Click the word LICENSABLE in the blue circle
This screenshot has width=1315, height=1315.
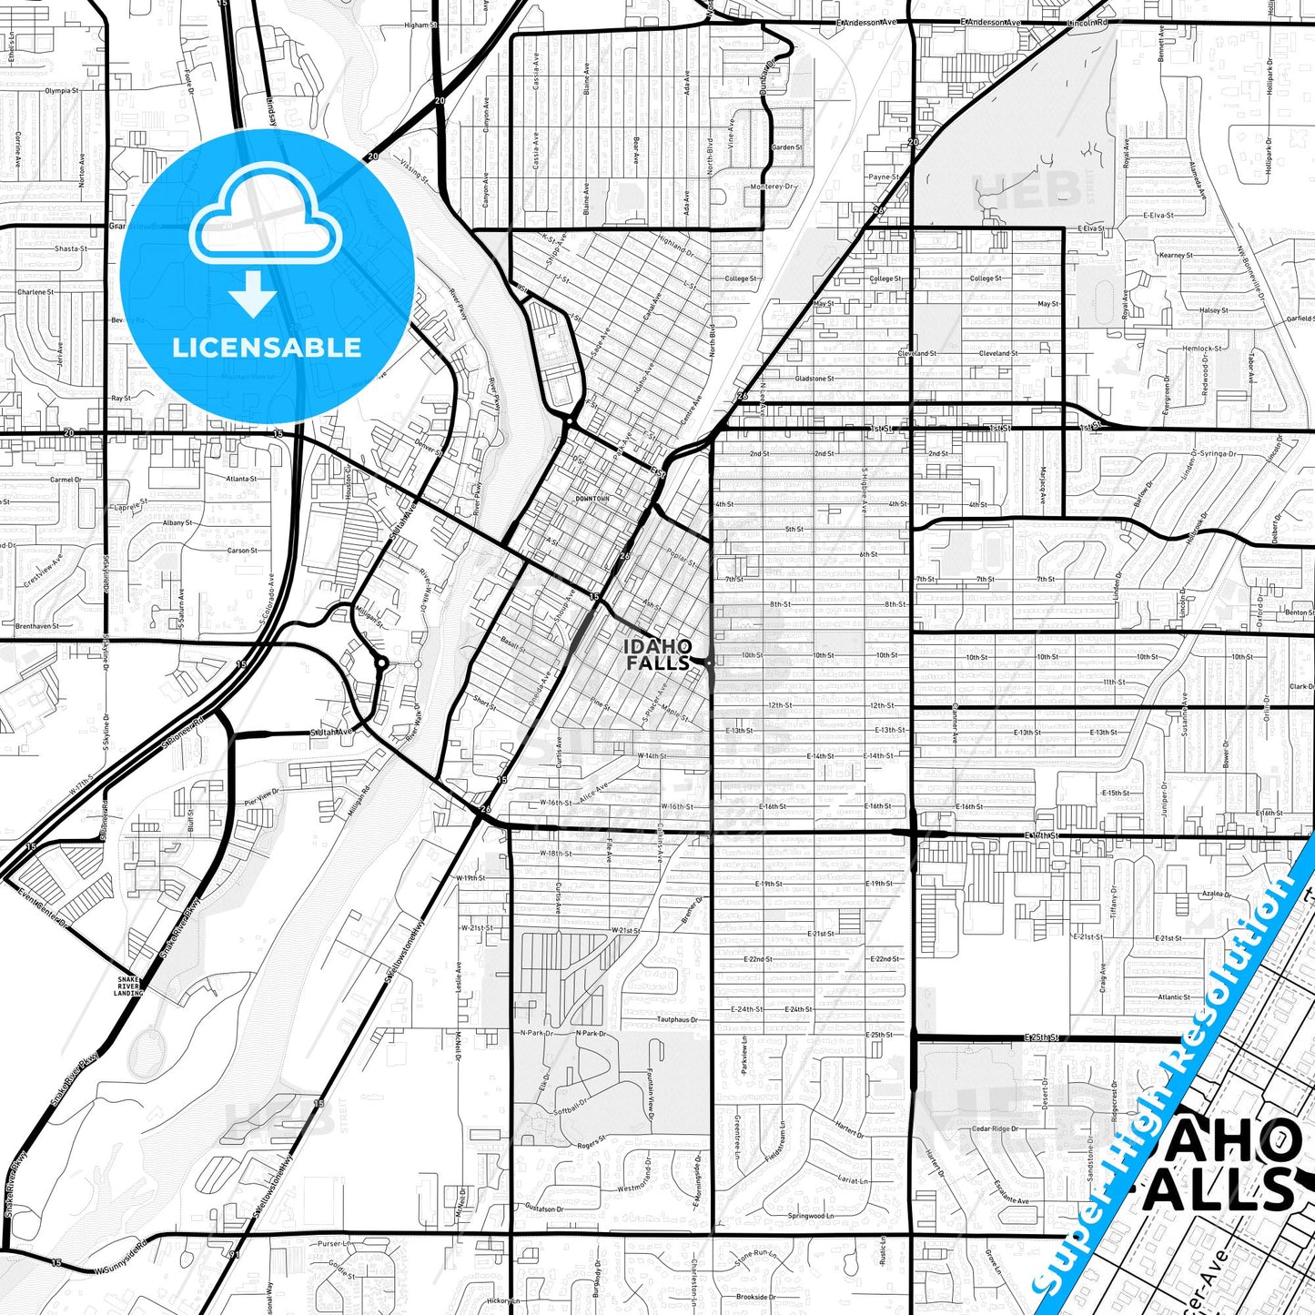[267, 347]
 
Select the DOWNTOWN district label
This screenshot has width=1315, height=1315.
[592, 500]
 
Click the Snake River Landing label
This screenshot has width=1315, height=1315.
[128, 986]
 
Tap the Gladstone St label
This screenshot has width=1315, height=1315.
[814, 379]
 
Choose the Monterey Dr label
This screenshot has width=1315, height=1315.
[773, 187]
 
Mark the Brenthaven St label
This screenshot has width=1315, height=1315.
[36, 626]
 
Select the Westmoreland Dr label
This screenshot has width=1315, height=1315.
[644, 1189]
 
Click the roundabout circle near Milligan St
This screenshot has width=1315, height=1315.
[382, 663]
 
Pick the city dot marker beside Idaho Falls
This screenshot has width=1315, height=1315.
[708, 663]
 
